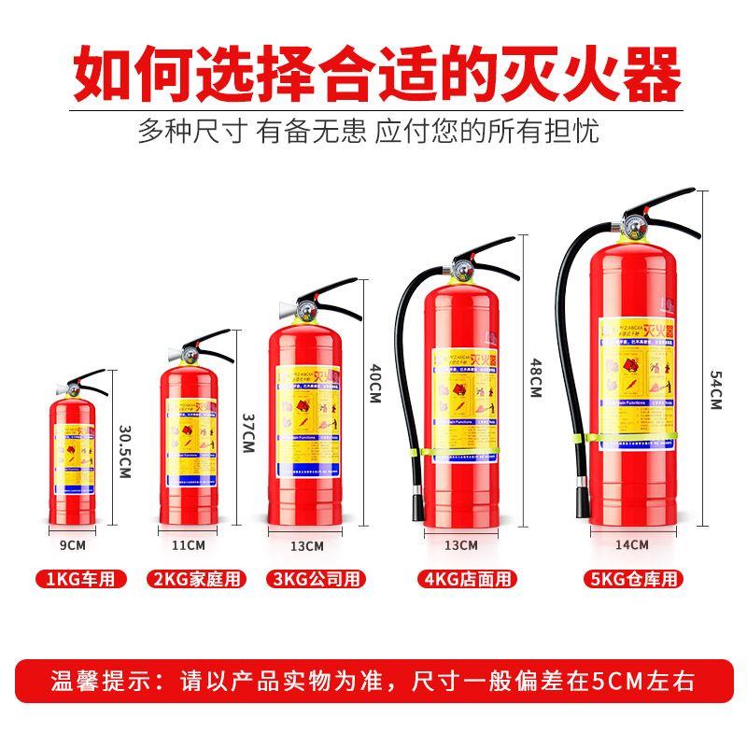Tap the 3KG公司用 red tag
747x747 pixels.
tap(317, 579)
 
